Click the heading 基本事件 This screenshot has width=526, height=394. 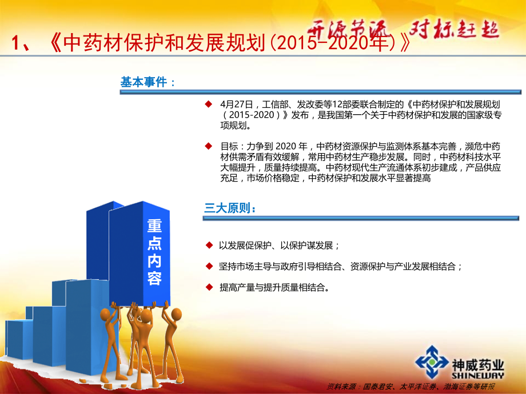pos(144,82)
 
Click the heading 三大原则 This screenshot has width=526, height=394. pos(227,208)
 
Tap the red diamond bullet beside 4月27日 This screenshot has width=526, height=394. pos(209,104)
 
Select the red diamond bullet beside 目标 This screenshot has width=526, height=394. pos(209,146)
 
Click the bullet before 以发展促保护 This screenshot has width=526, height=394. pos(209,245)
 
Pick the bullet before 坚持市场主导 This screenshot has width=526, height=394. pos(209,266)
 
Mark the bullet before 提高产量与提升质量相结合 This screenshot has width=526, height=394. pos(209,287)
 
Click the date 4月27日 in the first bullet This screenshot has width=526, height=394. pos(236,104)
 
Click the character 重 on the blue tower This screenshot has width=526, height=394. pos(154,226)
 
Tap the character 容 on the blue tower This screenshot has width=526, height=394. pos(154,278)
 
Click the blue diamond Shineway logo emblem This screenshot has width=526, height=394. pos(432,362)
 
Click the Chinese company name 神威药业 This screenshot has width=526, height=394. pos(478,365)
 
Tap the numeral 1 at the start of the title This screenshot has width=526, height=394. pos(16,43)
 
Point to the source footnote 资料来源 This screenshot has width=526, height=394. pos(341,387)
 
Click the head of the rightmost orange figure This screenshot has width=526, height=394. pos(177,314)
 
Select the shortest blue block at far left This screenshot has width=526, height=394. pos(19,339)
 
